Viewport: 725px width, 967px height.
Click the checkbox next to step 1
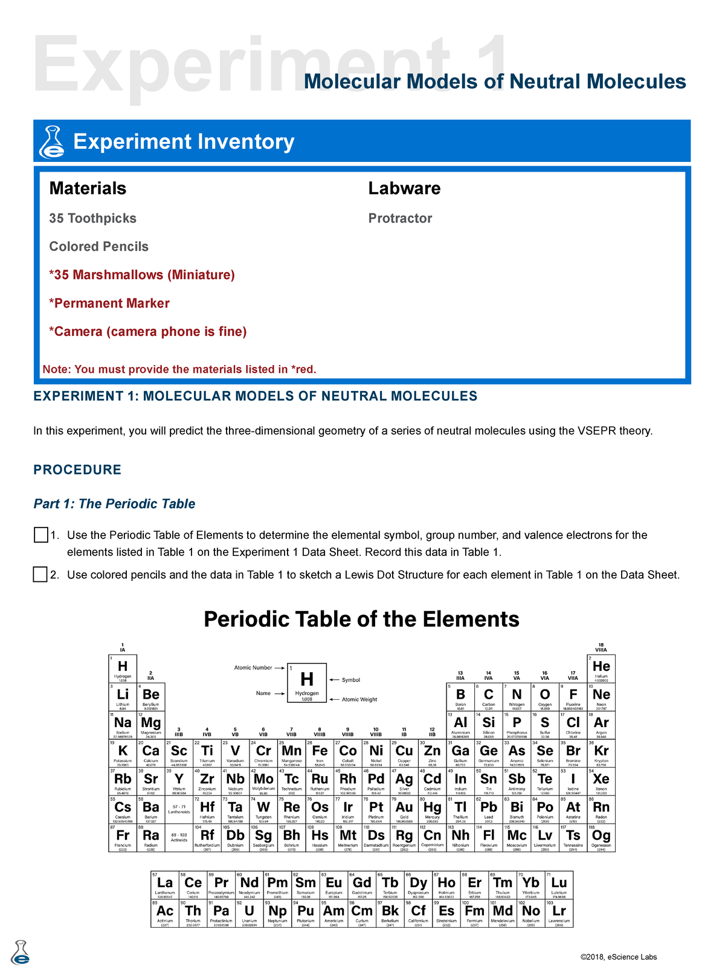[x=40, y=535]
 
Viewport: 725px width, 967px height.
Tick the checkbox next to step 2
[x=40, y=574]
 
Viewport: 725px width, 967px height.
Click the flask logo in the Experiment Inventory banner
[x=51, y=142]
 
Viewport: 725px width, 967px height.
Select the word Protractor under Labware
[x=400, y=218]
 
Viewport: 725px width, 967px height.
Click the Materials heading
[x=88, y=188]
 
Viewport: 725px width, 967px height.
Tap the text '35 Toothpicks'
[x=92, y=218]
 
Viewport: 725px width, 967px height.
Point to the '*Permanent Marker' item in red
[x=109, y=303]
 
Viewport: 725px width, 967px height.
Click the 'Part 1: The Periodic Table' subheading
[x=114, y=504]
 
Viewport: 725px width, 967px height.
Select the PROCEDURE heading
[x=77, y=470]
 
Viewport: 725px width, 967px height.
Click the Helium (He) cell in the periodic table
[x=601, y=668]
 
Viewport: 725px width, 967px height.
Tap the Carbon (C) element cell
[x=488, y=697]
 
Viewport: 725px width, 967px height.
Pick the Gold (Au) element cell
[x=404, y=810]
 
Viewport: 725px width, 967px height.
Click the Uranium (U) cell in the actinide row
[x=250, y=913]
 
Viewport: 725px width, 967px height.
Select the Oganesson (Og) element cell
[x=601, y=838]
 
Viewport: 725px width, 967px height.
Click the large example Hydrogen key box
[x=307, y=682]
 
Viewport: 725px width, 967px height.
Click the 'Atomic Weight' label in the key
[x=359, y=699]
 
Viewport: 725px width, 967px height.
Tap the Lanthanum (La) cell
[x=165, y=885]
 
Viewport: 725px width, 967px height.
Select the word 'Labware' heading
[x=404, y=188]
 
